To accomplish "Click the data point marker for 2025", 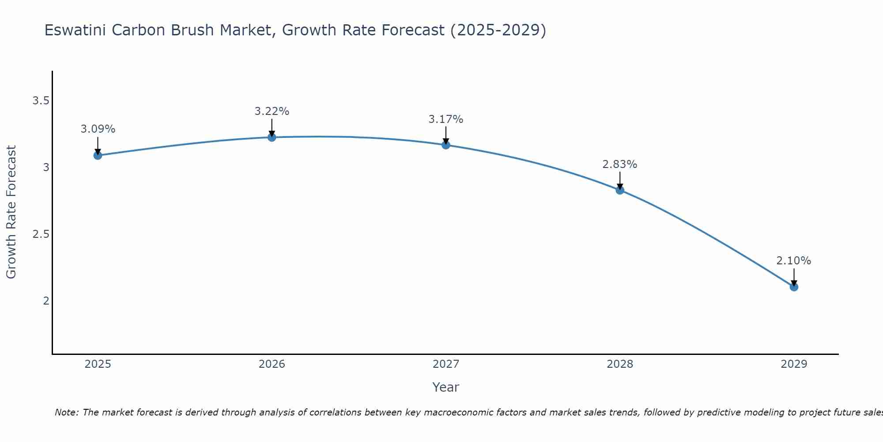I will point(98,155).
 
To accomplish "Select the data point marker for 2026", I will point(272,137).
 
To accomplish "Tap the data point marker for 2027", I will point(446,145).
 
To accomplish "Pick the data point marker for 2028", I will point(620,190).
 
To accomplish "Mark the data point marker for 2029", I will point(794,287).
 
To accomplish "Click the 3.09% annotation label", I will point(98,129).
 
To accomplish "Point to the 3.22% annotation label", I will point(272,111).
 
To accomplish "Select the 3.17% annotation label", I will point(446,119).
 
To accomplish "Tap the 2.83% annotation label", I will point(620,164).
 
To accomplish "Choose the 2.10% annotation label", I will point(794,261).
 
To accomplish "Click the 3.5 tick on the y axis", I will point(41,101).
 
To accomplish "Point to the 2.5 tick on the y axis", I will point(41,234).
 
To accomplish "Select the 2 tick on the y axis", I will point(46,301).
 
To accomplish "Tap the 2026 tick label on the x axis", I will point(272,364).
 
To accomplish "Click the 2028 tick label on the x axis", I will point(620,364).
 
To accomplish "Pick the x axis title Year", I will point(446,387).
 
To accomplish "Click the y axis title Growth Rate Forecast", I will point(11,212).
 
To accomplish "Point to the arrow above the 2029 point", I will point(794,277).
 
